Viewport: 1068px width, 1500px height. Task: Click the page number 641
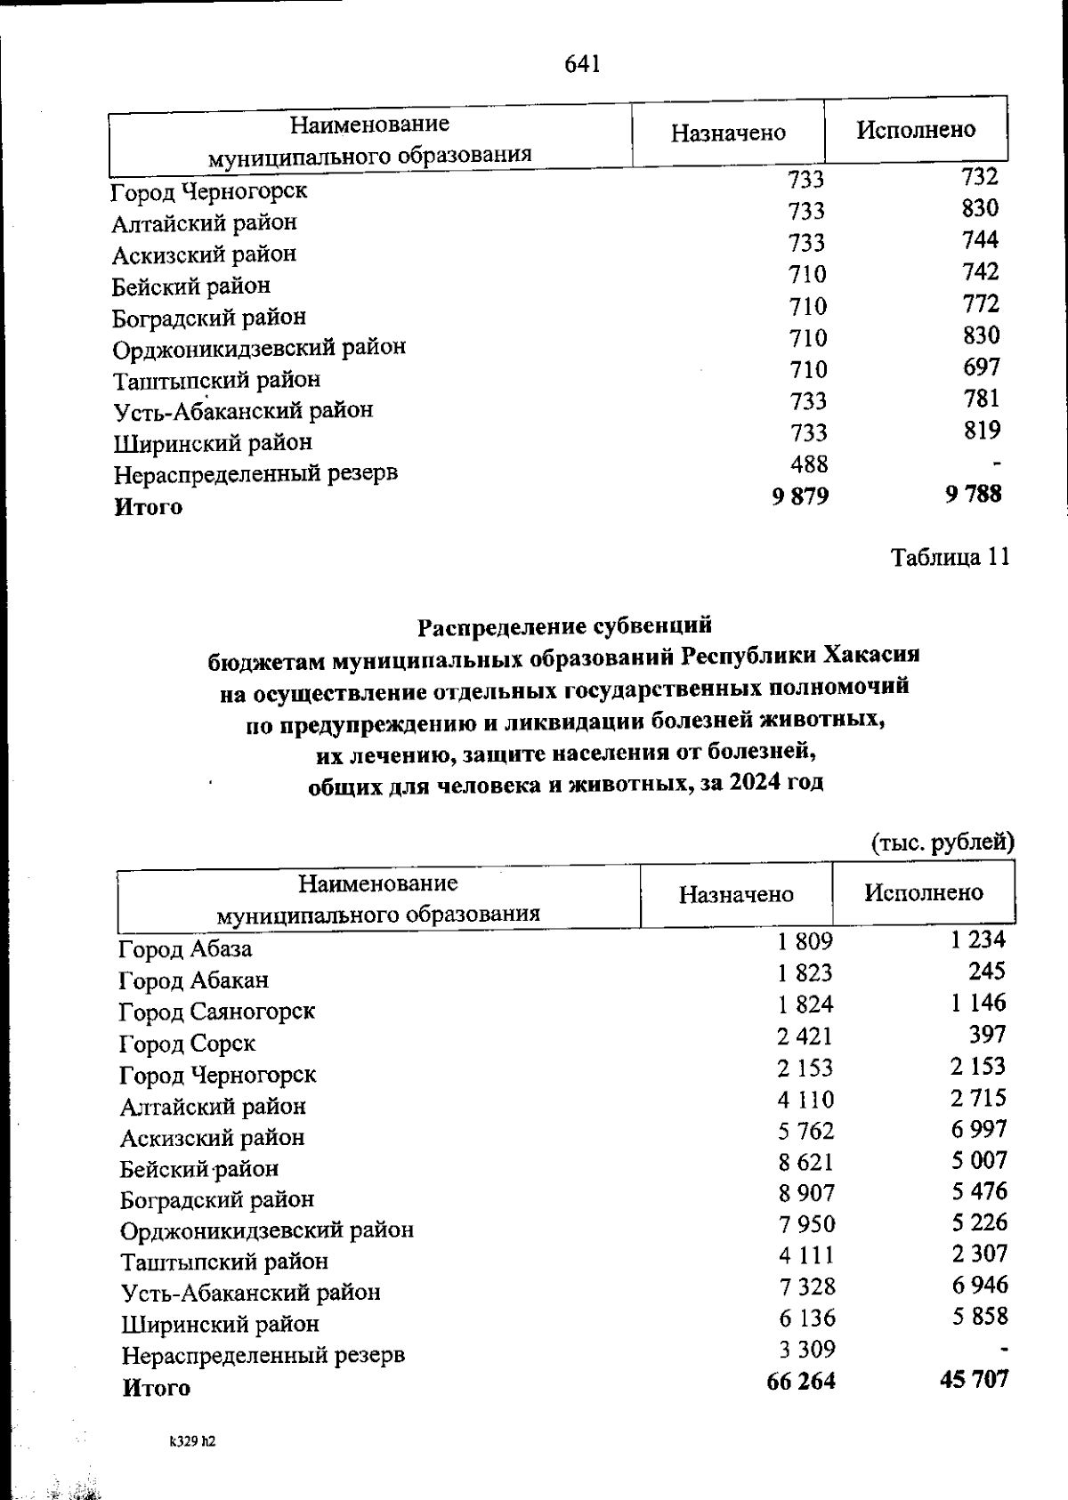583,64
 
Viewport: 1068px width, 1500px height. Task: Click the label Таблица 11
950,558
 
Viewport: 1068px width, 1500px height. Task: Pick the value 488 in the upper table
808,464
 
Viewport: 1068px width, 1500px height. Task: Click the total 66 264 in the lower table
800,1381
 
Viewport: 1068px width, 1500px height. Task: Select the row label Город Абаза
186,948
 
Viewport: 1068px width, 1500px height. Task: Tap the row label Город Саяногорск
217,1012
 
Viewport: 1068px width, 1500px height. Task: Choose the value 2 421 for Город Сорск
805,1036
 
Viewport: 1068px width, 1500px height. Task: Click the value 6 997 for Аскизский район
978,1129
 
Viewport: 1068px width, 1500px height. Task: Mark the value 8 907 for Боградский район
805,1193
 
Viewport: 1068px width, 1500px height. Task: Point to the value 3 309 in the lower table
806,1350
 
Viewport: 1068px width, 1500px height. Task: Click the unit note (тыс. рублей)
942,842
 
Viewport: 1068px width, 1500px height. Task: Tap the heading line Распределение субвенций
565,625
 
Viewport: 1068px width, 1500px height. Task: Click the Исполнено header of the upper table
916,130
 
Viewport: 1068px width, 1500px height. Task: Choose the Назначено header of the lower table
736,894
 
